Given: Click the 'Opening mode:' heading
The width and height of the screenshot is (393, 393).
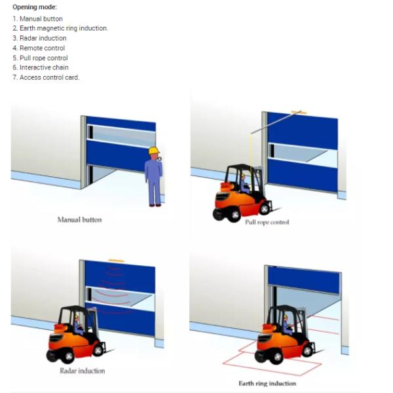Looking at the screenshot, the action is tap(35, 7).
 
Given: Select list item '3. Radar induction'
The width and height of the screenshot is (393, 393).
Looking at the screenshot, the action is tap(39, 38).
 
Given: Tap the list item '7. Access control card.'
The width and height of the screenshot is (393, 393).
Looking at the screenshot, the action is tap(46, 77).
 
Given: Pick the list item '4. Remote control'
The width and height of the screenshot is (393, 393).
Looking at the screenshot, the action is tap(39, 48).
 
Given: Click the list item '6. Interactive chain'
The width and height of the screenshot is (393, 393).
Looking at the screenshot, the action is tap(41, 67).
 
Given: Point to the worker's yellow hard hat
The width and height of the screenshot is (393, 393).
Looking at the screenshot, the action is tap(154, 150).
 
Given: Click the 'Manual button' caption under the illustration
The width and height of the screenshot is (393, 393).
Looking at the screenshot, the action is tap(80, 220).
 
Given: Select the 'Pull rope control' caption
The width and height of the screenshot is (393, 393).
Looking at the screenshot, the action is tap(267, 222).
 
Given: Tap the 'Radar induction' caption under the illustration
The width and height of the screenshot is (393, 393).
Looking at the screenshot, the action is tap(83, 371).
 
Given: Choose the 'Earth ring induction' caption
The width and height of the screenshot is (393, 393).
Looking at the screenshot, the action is tap(267, 383).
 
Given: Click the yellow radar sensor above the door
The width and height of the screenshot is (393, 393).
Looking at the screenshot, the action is tap(117, 261).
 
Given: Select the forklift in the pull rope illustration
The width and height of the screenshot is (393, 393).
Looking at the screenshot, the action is tap(242, 193).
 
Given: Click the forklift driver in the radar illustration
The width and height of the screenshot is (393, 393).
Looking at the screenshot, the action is tap(78, 325).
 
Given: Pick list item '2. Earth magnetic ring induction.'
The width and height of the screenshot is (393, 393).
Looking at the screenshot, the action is tap(60, 28).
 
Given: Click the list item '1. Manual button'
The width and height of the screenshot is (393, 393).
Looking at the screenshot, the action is tap(37, 19).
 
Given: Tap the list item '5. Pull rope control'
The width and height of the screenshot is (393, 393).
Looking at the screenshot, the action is tap(40, 58).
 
